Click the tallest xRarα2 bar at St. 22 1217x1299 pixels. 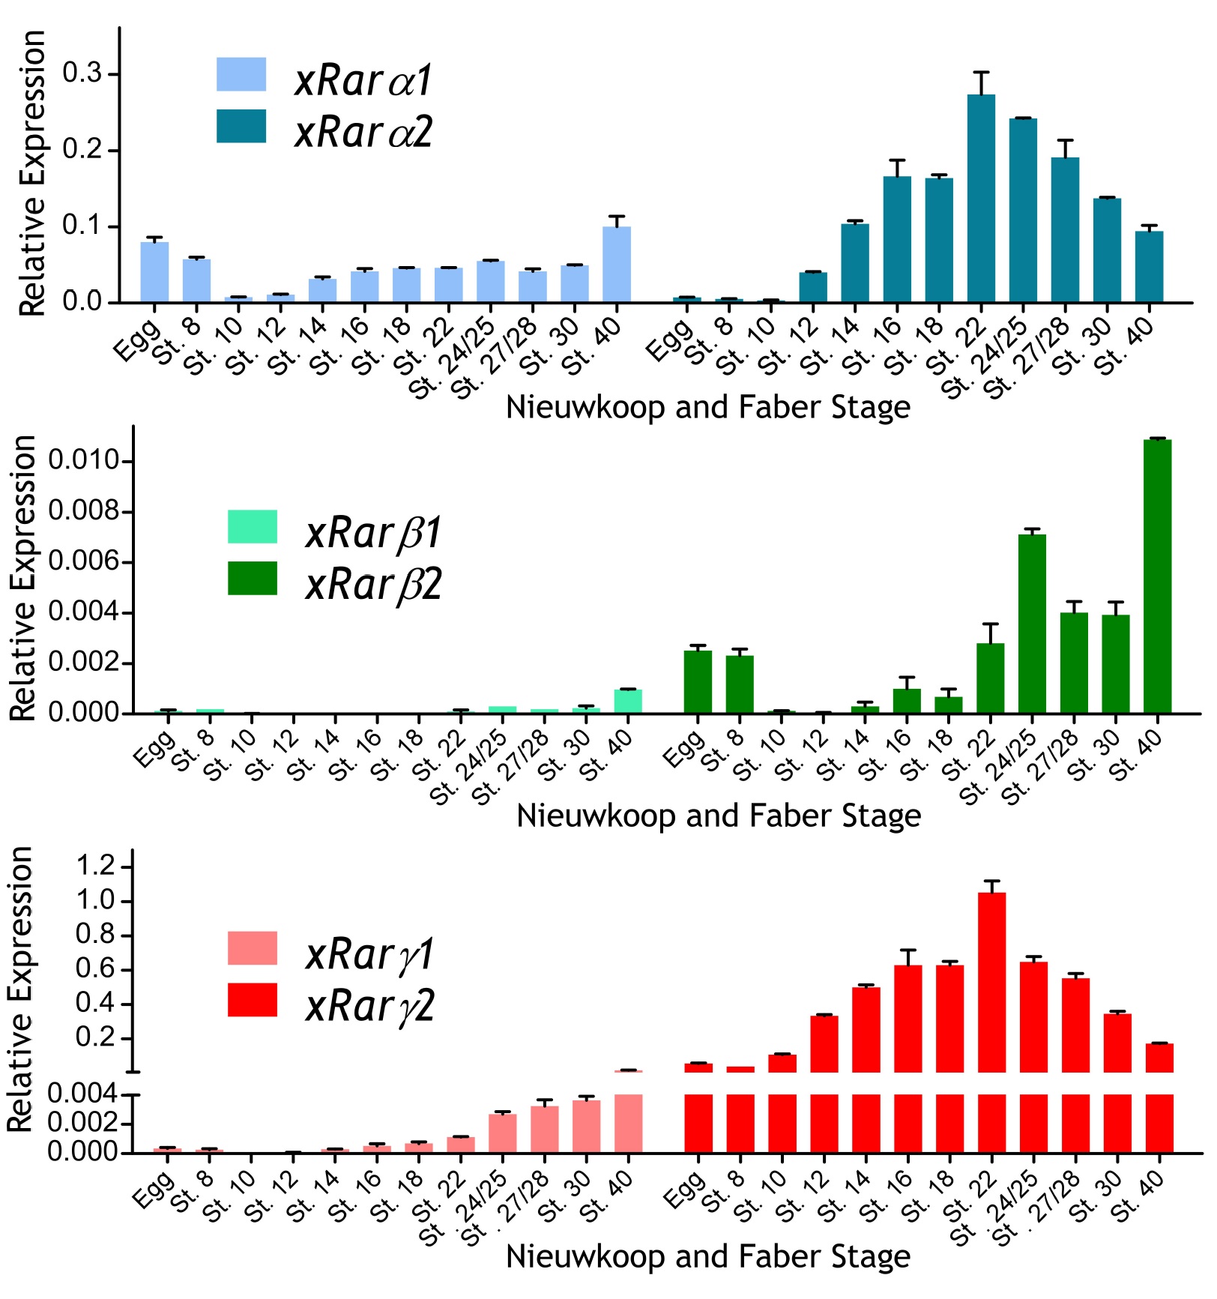click(x=981, y=199)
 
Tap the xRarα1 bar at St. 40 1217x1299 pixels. click(x=617, y=265)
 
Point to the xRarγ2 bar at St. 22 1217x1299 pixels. click(x=991, y=982)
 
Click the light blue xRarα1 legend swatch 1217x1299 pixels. click(x=241, y=74)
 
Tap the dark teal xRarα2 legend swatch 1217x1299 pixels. click(x=241, y=126)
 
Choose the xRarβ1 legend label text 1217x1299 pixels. click(x=373, y=533)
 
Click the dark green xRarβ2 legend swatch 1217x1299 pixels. click(x=253, y=578)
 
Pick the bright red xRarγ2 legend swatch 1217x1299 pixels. click(x=253, y=1000)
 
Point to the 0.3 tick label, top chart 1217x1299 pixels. click(x=82, y=73)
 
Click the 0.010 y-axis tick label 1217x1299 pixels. click(x=84, y=460)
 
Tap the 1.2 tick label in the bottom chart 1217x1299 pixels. click(x=98, y=866)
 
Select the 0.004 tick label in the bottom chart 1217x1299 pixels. click(x=82, y=1094)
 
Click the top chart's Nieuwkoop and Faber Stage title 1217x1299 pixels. click(x=708, y=408)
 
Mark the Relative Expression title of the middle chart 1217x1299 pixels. click(x=22, y=577)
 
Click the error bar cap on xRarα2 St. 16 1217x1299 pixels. click(x=897, y=160)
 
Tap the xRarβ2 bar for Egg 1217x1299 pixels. click(x=698, y=682)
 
